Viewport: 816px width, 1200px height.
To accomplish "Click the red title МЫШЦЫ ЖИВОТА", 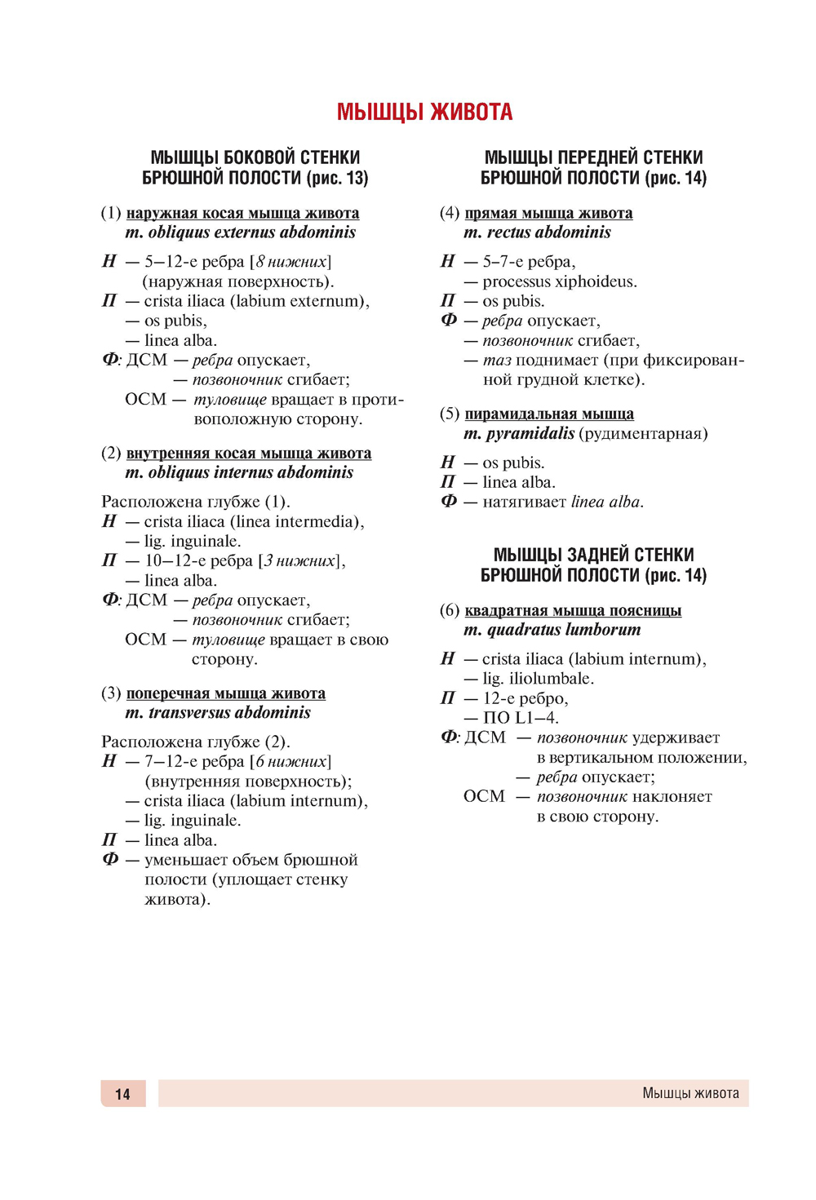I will (x=424, y=112).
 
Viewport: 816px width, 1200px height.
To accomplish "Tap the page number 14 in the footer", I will (x=122, y=1094).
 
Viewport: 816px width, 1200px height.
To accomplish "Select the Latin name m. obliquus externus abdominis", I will (x=241, y=232).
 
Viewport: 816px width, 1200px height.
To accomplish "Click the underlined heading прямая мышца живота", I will (x=548, y=213).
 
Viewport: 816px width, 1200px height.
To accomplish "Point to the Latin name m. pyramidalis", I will (x=519, y=434).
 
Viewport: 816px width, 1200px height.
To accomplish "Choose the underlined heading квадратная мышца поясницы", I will (x=573, y=610).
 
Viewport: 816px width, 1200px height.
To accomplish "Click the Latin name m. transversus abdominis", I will (x=218, y=713).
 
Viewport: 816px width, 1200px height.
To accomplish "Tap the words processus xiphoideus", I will (x=559, y=281).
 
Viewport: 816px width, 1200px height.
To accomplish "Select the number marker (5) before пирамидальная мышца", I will (x=450, y=414).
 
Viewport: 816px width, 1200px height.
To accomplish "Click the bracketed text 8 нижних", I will (x=291, y=262).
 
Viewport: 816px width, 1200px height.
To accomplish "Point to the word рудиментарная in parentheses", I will (x=643, y=434).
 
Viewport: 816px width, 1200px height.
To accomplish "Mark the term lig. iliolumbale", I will (x=538, y=679).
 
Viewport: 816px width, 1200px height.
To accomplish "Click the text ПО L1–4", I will (x=520, y=718).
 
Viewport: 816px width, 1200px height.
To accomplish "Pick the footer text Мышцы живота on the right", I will (x=690, y=1093).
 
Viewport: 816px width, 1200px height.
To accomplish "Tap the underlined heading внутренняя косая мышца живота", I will (x=249, y=453).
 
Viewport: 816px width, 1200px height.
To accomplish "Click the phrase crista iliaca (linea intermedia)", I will (x=253, y=521).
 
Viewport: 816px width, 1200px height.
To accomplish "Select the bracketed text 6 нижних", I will (x=291, y=761).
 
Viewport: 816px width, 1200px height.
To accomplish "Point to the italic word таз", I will (x=496, y=361).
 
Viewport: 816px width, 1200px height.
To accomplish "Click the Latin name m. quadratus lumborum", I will (x=552, y=630).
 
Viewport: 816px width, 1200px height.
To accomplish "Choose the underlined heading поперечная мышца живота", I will (x=225, y=693).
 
